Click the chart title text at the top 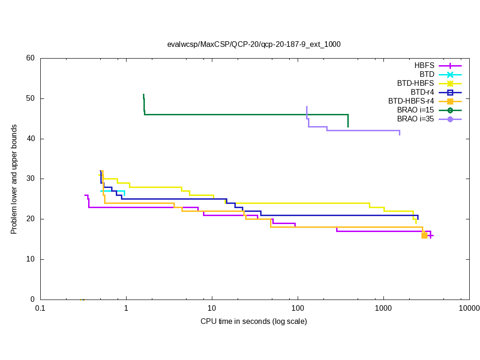pos(254,45)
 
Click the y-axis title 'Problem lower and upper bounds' pos(14,180)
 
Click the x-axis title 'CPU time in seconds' pos(254,321)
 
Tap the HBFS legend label pos(424,66)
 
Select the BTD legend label pos(427,75)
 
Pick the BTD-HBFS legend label pos(416,83)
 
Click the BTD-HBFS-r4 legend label pos(411,101)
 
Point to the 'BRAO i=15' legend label pos(415,110)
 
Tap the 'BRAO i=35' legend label pos(415,119)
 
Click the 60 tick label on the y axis pos(30,58)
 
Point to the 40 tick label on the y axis pos(30,139)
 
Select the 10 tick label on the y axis pos(30,259)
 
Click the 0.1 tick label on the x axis pos(40,308)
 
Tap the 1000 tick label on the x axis pos(383,308)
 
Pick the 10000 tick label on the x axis pos(469,308)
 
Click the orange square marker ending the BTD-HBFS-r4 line pos(424,235)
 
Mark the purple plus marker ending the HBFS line pos(430,236)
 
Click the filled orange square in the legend pos(450,101)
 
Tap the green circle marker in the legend pos(450,110)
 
